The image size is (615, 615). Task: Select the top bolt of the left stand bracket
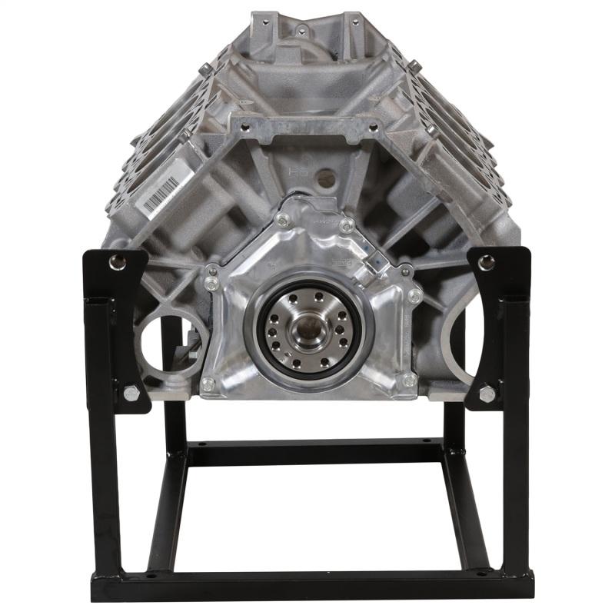pos(116,262)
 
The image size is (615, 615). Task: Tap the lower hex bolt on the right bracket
pos(487,394)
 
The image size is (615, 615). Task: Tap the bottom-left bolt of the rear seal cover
pos(208,382)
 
